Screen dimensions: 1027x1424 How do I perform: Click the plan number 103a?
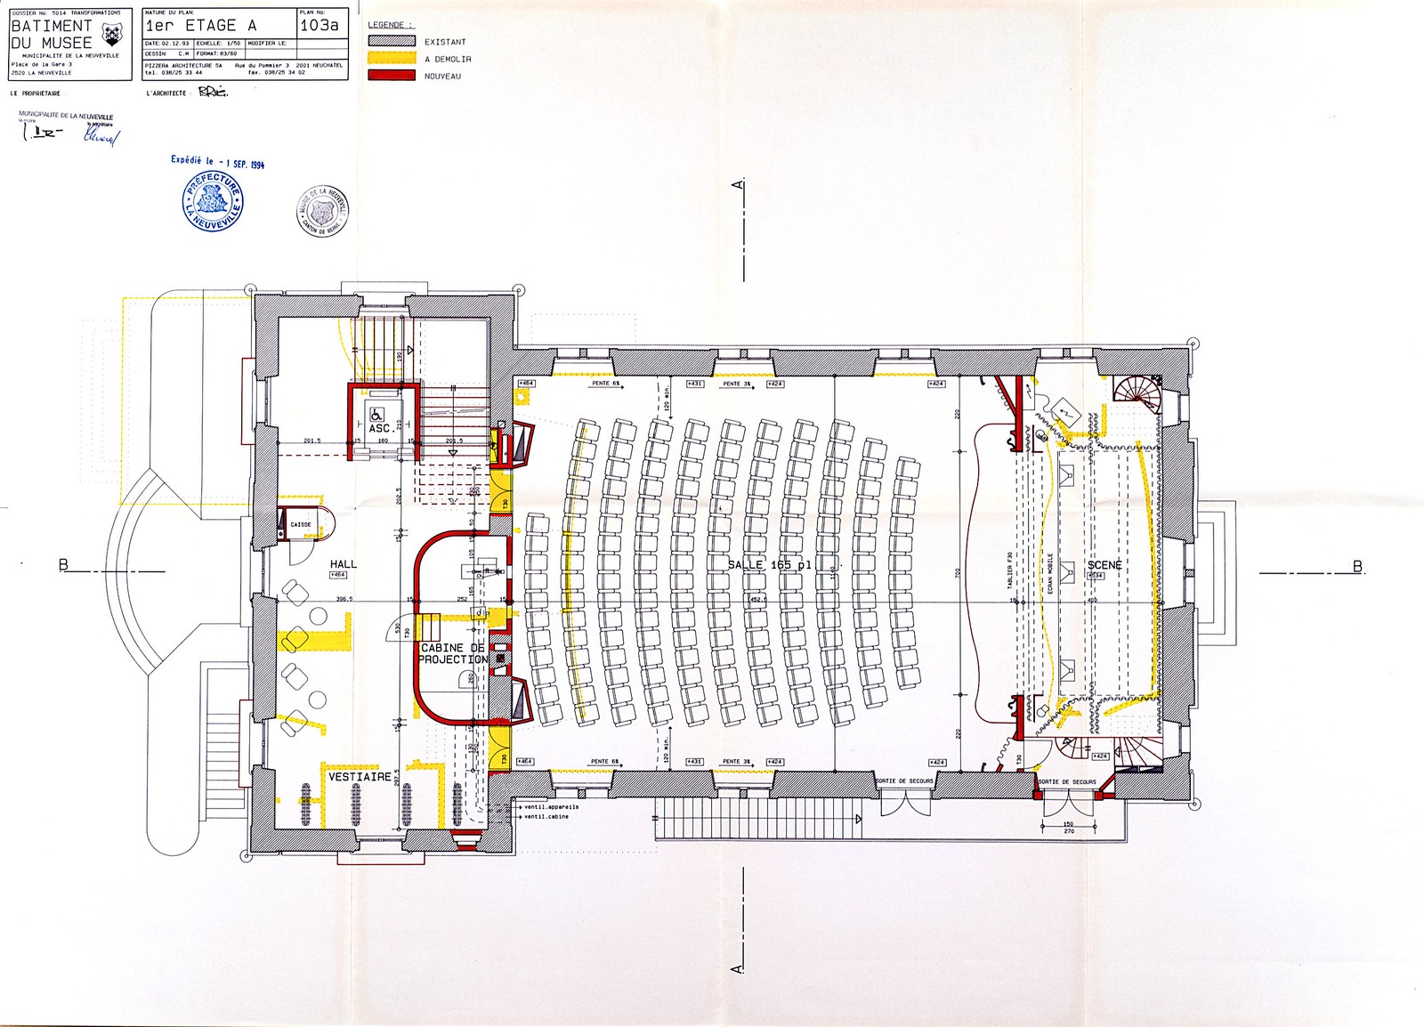[320, 25]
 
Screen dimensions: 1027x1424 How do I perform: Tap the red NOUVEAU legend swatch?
[392, 76]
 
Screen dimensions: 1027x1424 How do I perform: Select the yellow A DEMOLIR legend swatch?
[392, 59]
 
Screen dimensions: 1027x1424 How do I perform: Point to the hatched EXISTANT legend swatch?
[392, 42]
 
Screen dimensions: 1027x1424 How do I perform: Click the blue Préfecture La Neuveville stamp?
[213, 203]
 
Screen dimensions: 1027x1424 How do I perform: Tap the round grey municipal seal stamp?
[322, 211]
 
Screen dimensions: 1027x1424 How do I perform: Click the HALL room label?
[343, 564]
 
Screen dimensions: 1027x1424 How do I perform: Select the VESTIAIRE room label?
[360, 777]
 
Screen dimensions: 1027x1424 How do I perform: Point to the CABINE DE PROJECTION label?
[453, 653]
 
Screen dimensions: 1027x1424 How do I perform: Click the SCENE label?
[1104, 565]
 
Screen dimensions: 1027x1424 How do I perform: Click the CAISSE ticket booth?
[301, 524]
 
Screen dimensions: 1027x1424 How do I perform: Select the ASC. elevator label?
[380, 429]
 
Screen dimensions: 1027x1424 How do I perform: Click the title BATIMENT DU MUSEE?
[52, 34]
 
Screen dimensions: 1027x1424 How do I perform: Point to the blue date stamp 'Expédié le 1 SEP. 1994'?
[218, 163]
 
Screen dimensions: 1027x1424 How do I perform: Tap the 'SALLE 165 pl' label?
[770, 565]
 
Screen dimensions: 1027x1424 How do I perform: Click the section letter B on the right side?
[1357, 566]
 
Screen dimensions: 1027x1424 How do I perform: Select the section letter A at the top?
[736, 184]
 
